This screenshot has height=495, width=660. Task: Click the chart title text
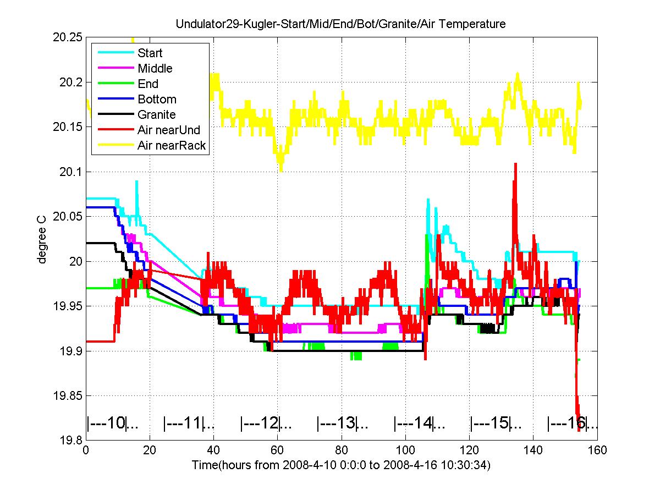(340, 24)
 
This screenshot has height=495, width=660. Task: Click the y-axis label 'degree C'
(41, 240)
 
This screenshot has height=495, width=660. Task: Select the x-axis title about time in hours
(342, 465)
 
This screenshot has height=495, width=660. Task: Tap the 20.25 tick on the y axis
(67, 37)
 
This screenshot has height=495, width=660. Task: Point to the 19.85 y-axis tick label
(67, 395)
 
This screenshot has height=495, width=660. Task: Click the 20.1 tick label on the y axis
(70, 172)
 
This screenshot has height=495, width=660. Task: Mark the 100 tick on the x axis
(405, 450)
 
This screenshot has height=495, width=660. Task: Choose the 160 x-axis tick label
(597, 450)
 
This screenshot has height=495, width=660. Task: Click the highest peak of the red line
(515, 164)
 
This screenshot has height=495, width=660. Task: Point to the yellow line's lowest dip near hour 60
(281, 170)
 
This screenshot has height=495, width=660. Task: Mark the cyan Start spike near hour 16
(137, 182)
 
